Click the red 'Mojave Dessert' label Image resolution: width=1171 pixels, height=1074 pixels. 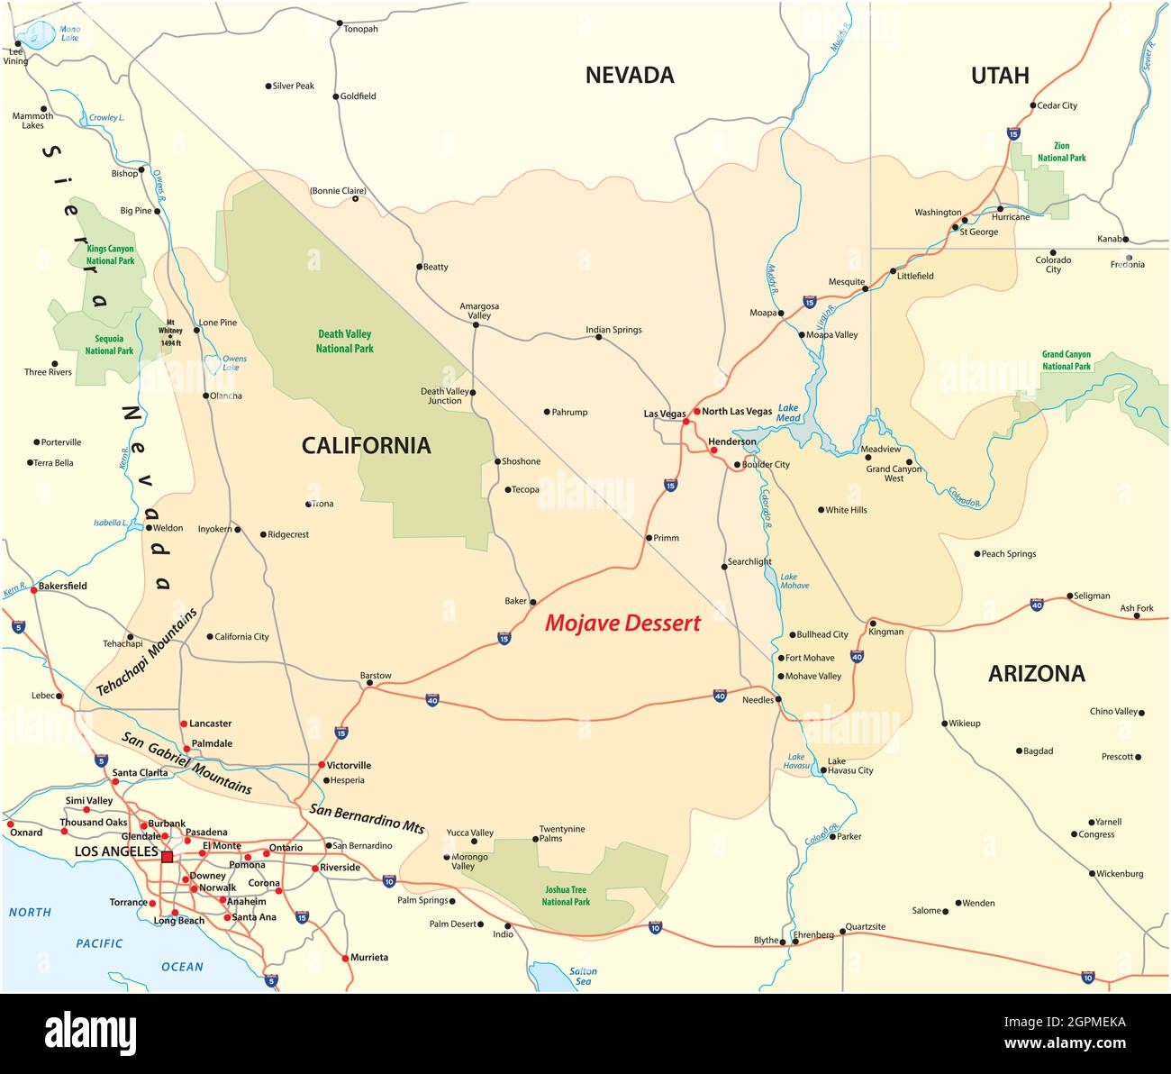622,623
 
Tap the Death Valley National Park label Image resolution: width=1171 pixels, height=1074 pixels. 344,341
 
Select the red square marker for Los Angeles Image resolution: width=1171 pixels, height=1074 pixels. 167,857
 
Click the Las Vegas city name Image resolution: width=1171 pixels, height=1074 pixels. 664,414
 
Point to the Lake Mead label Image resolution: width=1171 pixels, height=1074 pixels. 788,413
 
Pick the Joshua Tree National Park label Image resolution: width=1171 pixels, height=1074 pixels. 566,896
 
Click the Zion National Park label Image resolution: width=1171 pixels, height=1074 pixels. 1061,151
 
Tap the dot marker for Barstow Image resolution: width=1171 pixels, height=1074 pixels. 369,683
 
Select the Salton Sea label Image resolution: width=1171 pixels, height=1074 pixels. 583,976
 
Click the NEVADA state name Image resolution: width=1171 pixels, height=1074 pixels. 630,75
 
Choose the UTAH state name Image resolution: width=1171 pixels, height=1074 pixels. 1000,76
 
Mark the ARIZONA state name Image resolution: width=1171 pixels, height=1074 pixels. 1036,673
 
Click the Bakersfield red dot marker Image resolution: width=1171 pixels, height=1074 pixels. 33,589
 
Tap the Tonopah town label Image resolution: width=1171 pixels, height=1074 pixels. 360,29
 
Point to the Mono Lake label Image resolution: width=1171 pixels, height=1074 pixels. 69,33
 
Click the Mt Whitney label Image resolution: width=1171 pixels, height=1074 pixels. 170,332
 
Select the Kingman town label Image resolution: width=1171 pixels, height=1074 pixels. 885,632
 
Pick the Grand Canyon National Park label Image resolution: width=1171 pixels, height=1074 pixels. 1066,360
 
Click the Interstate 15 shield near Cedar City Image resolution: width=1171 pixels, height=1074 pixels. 1013,133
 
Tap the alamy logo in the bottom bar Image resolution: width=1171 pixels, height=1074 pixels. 90,1033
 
